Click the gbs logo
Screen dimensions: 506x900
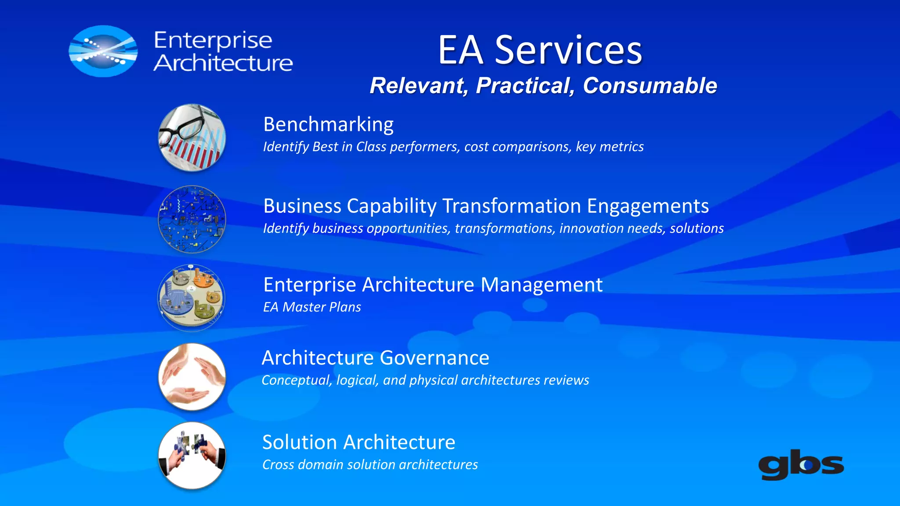click(x=801, y=465)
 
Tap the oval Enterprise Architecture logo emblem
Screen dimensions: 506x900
click(x=103, y=51)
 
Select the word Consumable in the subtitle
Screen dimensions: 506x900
click(x=650, y=86)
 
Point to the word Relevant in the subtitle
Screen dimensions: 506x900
click(x=418, y=86)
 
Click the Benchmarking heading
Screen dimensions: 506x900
click(x=328, y=124)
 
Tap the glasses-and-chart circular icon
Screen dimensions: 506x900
click(x=192, y=138)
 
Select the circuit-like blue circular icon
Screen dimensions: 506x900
click(x=192, y=219)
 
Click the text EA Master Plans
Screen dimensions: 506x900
click(x=312, y=307)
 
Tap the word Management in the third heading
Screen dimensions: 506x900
click(x=541, y=285)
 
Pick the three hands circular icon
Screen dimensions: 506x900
click(x=192, y=377)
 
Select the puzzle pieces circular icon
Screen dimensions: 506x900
click(x=192, y=455)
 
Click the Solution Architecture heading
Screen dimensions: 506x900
click(x=359, y=442)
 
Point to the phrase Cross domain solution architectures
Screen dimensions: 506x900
click(x=370, y=465)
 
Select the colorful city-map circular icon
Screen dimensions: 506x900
click(x=191, y=298)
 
